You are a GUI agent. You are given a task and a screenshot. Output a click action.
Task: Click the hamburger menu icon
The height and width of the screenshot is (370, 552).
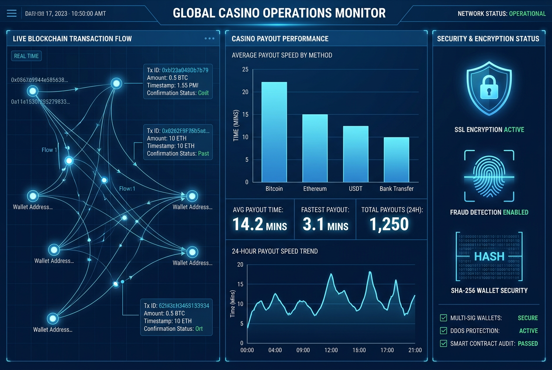coord(12,14)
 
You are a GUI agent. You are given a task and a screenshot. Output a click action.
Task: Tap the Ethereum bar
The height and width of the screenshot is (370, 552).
coord(315,148)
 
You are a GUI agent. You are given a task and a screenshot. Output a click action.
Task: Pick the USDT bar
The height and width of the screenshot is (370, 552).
coord(355,154)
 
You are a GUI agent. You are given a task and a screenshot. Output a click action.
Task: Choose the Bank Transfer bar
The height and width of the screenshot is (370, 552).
coord(397,159)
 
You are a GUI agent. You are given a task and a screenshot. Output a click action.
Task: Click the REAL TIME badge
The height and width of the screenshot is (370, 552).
coord(26,56)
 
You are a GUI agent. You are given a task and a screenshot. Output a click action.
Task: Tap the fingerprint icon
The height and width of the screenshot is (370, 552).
coord(489,176)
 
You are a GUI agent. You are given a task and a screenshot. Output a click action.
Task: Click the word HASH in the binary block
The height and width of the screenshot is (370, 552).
coord(489,256)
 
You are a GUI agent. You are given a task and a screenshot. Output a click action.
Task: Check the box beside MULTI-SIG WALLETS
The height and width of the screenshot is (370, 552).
coord(443,318)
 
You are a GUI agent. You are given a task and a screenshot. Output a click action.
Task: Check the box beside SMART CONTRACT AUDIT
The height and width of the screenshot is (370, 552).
coord(443,343)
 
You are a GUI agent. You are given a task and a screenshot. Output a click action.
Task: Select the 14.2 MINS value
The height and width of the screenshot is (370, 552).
coord(259,224)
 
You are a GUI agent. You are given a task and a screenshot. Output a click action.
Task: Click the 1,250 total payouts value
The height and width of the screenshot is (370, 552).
coord(389,224)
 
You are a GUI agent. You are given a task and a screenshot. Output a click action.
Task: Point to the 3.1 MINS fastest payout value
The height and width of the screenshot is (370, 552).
coord(325,224)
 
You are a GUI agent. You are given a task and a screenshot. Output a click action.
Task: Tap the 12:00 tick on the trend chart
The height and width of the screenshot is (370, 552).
coord(331,350)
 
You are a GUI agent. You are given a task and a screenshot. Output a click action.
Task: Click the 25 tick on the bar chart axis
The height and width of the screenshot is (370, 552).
coord(245,69)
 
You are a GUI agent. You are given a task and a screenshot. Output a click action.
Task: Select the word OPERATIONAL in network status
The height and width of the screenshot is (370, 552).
coord(527,14)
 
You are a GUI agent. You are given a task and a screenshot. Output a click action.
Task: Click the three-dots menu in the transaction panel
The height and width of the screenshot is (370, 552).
coord(209,38)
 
